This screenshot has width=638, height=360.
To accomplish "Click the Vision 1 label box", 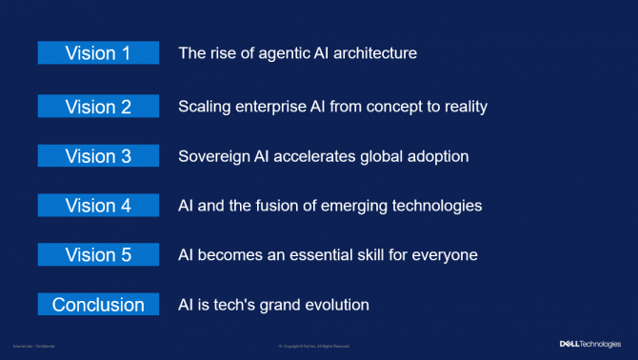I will coord(98,53).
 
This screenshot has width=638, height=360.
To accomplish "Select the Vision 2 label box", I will coord(98,107).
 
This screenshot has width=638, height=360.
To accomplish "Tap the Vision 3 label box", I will coord(98,156).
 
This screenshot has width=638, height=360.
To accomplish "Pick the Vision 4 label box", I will coord(98,206).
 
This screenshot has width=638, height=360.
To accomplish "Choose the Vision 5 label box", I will coord(98,255).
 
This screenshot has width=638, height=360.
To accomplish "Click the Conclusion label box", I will coord(98,305).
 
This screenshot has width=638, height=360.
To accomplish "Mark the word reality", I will coord(461,107).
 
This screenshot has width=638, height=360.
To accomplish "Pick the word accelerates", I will coord(324,156).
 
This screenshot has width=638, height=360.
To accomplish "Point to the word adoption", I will coord(437,156).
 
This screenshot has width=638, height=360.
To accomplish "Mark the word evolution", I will coord(332,305).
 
